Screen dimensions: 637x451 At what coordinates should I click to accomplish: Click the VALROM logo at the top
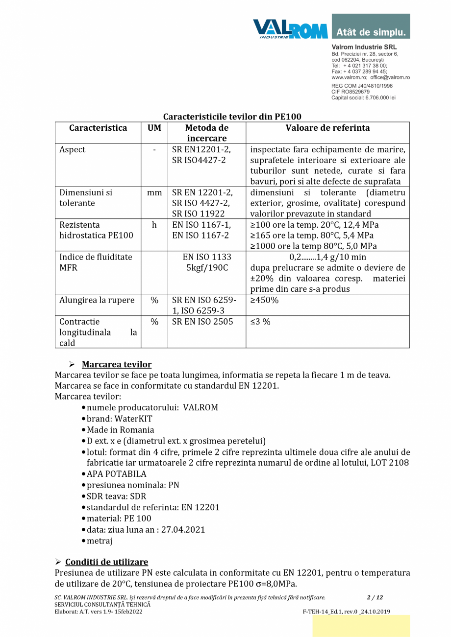pos(290,28)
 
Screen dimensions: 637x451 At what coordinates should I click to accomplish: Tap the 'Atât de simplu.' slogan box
pos(371,32)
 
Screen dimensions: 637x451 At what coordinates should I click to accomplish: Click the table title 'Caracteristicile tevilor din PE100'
pos(232,117)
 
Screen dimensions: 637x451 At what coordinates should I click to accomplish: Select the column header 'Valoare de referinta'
pos(327,128)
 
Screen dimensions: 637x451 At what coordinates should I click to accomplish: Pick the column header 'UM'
pos(154,128)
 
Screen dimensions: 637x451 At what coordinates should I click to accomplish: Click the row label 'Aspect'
pos(72,150)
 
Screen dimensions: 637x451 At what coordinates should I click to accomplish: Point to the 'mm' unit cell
pos(154,193)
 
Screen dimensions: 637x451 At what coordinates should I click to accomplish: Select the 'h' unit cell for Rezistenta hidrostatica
pos(154,225)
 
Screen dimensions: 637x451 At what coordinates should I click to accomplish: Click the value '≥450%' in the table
pos(264,300)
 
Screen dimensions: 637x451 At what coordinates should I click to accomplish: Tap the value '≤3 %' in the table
pos(260,322)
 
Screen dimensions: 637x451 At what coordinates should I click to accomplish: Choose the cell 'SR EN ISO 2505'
pos(202,322)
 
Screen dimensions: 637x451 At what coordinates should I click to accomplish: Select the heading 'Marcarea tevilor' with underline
pos(116,364)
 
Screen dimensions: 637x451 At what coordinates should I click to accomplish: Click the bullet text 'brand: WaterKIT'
pos(120,419)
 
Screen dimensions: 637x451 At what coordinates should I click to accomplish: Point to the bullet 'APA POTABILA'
pos(117,474)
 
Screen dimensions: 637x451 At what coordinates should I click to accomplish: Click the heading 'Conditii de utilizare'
pos(106,562)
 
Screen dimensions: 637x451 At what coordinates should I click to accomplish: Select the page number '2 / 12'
pos(375,597)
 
